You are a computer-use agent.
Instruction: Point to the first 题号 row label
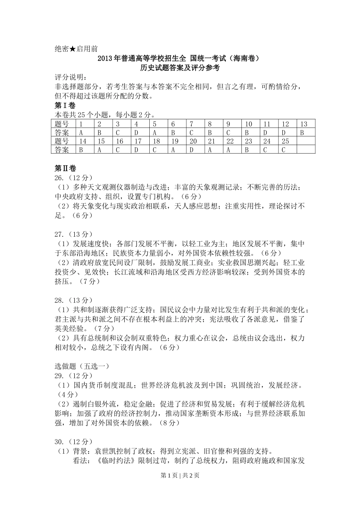coord(62,124)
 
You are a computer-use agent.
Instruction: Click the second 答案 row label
coord(62,150)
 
